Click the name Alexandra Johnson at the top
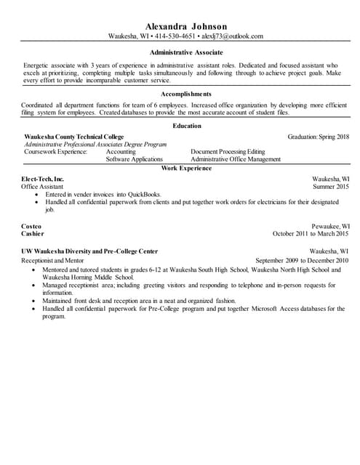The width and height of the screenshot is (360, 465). pos(186,26)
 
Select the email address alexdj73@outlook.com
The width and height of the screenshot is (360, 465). pos(233,36)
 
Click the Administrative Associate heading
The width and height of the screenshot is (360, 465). pos(186,53)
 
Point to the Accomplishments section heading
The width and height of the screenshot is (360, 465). pos(186,94)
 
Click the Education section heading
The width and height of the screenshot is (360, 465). pos(186,126)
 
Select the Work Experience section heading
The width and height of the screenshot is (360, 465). pos(186,168)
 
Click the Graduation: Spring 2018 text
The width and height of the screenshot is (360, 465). pos(319,137)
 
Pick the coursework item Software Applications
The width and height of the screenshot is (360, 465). pos(134,159)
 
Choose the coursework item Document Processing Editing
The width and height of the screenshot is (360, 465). pos(228,151)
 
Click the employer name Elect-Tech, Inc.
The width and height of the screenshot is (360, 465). pos(44,179)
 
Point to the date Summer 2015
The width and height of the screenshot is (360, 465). pos(331,187)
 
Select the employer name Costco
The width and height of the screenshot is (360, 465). pos(31,227)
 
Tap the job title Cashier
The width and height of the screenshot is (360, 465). pos(33,234)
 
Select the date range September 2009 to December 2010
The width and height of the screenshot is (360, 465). pos(303,259)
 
